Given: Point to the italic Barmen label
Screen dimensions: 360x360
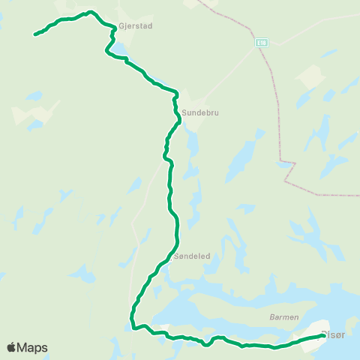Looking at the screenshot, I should (x=284, y=317).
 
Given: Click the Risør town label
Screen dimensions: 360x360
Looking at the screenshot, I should (x=333, y=334).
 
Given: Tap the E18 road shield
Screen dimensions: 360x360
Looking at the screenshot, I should (x=260, y=42).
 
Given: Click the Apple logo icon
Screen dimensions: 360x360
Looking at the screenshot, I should (x=12, y=347).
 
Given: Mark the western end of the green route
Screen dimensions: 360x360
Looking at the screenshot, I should (x=35, y=34).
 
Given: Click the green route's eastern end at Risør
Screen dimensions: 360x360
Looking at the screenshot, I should (x=322, y=336).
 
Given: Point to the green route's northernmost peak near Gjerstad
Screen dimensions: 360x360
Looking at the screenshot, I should (x=90, y=12).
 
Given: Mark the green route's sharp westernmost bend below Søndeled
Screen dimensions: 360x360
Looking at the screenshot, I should (x=133, y=326).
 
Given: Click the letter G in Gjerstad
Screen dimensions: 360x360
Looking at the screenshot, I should (x=121, y=25).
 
